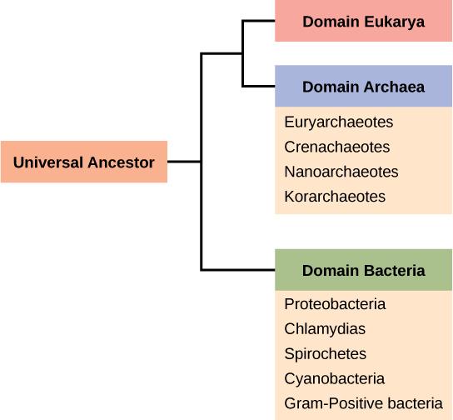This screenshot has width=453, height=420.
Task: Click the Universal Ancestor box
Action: pyautogui.click(x=83, y=162)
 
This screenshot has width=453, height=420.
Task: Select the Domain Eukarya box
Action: pyautogui.click(x=363, y=22)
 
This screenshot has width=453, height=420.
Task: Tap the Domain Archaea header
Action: pyautogui.click(x=363, y=87)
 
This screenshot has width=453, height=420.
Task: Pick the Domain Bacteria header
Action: pyautogui.click(x=363, y=270)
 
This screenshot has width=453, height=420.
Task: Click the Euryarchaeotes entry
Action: pyautogui.click(x=338, y=122)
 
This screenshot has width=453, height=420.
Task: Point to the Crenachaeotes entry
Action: pyautogui.click(x=337, y=147)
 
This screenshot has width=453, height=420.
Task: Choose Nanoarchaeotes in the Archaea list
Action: pyautogui.click(x=341, y=172)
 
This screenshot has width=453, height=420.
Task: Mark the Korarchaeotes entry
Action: pyautogui.click(x=335, y=197)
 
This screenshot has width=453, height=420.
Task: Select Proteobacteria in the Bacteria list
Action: pyautogui.click(x=335, y=304)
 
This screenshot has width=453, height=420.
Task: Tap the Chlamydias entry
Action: pyautogui.click(x=325, y=329)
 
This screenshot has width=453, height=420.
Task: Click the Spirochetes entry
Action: pyautogui.click(x=325, y=354)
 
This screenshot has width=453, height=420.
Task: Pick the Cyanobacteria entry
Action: pyautogui.click(x=334, y=379)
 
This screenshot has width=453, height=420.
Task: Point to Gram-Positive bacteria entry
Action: pyautogui.click(x=363, y=404)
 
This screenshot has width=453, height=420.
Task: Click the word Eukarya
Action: pyautogui.click(x=395, y=22)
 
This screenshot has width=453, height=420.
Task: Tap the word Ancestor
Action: pyautogui.click(x=122, y=162)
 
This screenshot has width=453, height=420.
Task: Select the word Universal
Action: pyautogui.click(x=47, y=162)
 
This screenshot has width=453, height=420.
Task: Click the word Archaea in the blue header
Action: pyautogui.click(x=395, y=87)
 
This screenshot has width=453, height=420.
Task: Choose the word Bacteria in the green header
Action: pyautogui.click(x=395, y=270)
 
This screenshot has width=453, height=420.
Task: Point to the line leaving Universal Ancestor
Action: pyautogui.click(x=184, y=162)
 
